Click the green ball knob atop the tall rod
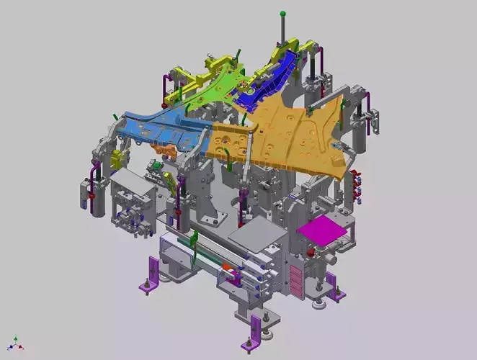283,13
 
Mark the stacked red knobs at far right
356,183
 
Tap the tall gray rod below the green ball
283,32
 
